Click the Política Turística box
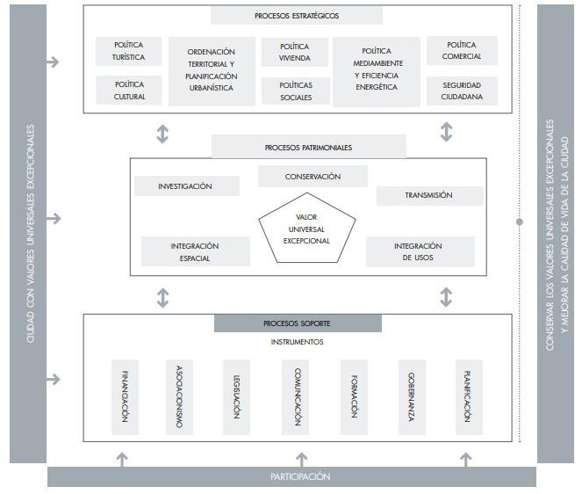[129, 51]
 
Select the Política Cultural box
[129, 91]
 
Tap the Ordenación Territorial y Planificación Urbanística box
[211, 70]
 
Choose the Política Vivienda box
[295, 51]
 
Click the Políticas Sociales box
[295, 91]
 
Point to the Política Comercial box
[462, 51]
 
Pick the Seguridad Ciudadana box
[462, 91]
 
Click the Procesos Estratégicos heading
[297, 16]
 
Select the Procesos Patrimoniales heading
[308, 147]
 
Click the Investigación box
[185, 186]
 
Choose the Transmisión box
[429, 195]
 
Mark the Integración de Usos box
[420, 251]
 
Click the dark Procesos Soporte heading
[298, 323]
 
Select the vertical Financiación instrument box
[125, 396]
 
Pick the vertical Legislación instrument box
[236, 396]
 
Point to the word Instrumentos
[298, 342]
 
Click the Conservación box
[300, 177]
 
